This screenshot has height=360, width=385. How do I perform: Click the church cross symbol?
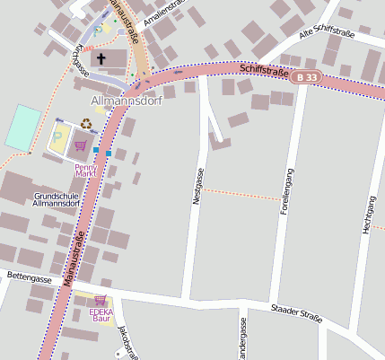pyautogui.click(x=101, y=59)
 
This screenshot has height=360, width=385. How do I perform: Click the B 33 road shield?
pyautogui.click(x=305, y=78)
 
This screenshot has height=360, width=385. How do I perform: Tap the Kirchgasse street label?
pyautogui.click(x=78, y=60)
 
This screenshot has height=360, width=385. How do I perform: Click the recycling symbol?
pyautogui.click(x=85, y=124)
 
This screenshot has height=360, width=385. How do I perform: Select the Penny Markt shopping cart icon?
pyautogui.click(x=81, y=145)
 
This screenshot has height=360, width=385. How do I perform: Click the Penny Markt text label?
pyautogui.click(x=85, y=167)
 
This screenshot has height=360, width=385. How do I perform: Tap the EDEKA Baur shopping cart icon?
pyautogui.click(x=101, y=299)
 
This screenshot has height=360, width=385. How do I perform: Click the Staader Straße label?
pyautogui.click(x=295, y=312)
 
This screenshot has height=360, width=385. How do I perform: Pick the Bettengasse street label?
pyautogui.click(x=29, y=279)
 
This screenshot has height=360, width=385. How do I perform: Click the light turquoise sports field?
pyautogui.click(x=23, y=127)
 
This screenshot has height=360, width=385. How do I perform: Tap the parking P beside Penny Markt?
pyautogui.click(x=59, y=137)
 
